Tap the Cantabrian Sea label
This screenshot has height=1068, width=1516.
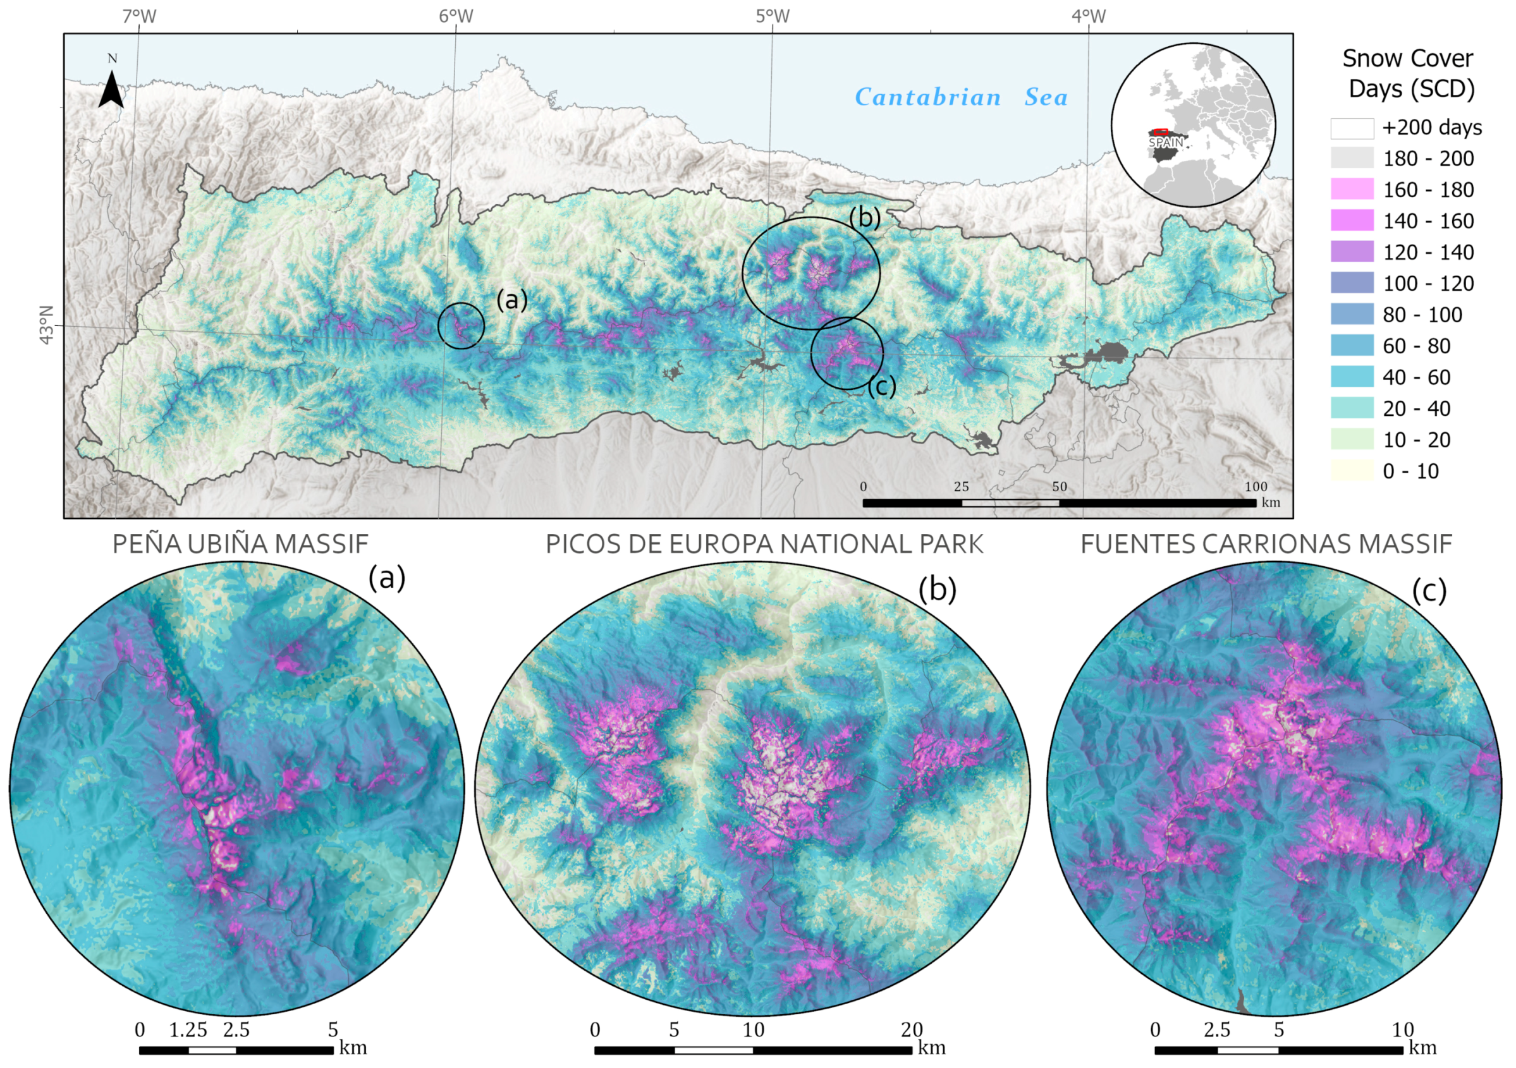point(961,98)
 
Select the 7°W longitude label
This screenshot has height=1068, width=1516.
point(139,16)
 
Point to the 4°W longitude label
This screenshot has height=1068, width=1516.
point(1088,16)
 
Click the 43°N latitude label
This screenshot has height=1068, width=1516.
point(46,324)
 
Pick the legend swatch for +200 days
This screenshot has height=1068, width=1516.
point(1352,128)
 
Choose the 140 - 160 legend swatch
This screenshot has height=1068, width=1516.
point(1352,221)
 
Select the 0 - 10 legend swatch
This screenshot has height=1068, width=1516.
point(1352,471)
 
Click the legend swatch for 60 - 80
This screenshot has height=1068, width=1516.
point(1352,346)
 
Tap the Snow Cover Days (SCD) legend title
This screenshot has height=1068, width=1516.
point(1408,73)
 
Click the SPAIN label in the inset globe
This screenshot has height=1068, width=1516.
point(1165,143)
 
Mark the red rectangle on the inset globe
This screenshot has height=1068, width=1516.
point(1161,133)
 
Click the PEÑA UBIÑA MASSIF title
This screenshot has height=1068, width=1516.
point(240,544)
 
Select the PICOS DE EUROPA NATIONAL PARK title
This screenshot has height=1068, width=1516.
point(764,544)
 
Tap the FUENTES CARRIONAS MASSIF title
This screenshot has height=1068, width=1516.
point(1266,544)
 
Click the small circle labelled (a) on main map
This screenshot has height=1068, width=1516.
point(461,325)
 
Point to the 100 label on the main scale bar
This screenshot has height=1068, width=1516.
point(1255,487)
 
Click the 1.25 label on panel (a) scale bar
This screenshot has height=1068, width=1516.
point(188,1030)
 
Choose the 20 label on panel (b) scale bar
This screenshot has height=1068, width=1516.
point(911,1030)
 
